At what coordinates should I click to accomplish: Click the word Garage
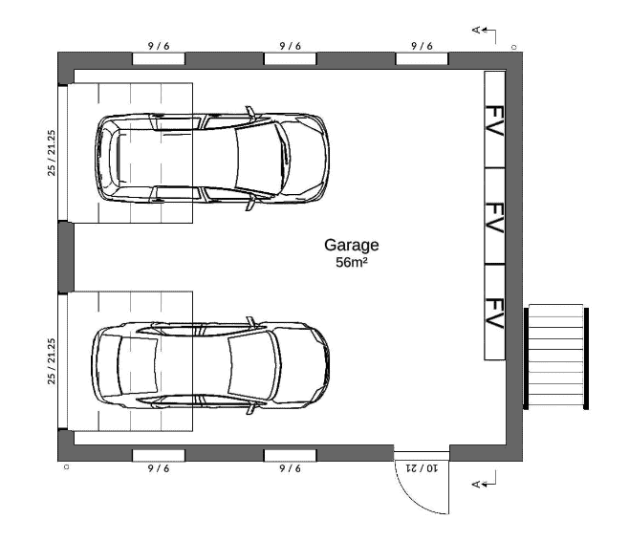click(352, 246)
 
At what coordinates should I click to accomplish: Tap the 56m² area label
click(352, 262)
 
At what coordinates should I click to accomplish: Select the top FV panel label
click(494, 120)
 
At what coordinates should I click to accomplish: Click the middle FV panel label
click(494, 217)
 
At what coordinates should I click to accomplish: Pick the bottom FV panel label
click(494, 314)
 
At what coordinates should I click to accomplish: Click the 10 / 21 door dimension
click(422, 467)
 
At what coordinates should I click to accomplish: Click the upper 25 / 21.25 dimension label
click(52, 153)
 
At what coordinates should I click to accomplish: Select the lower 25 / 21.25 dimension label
click(52, 361)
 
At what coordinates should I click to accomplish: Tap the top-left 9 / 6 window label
click(159, 46)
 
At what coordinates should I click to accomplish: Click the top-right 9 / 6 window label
click(422, 46)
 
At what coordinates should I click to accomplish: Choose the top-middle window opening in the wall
click(290, 58)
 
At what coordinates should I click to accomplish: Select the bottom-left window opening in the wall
click(159, 455)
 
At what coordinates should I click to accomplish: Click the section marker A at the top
click(476, 30)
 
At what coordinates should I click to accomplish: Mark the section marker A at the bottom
click(476, 485)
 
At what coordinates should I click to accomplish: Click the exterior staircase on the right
click(556, 357)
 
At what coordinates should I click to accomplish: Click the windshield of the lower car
click(249, 365)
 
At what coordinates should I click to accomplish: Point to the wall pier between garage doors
click(66, 257)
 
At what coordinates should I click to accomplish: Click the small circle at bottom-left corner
click(67, 466)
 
